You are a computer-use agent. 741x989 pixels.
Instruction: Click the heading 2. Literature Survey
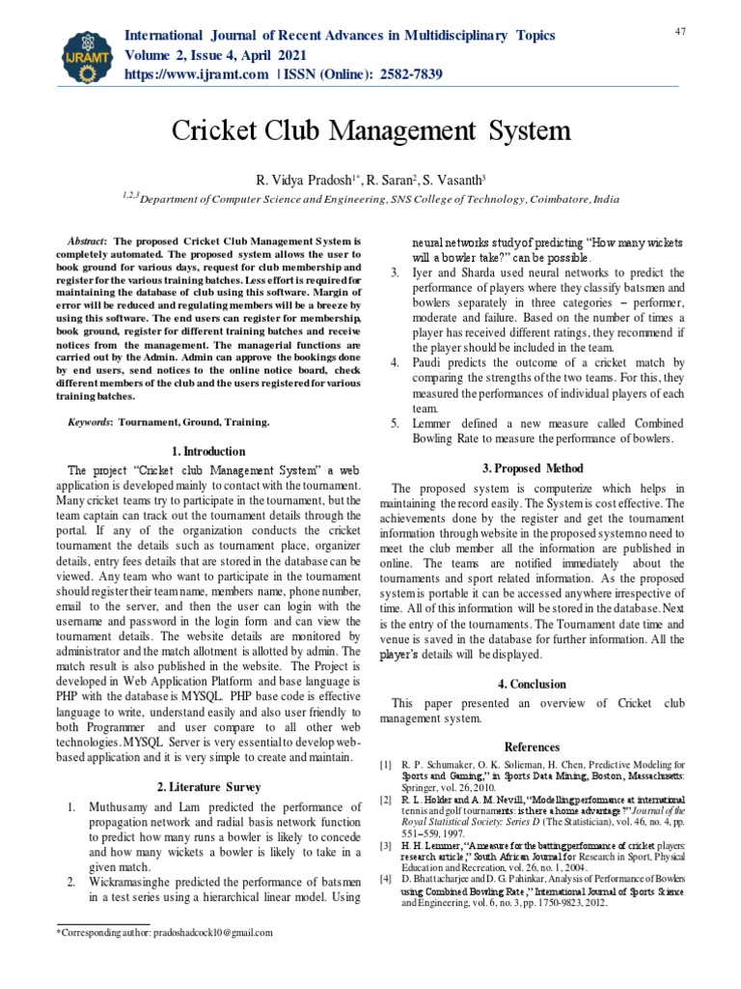pos(207,787)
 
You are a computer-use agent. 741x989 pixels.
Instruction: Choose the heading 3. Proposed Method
pos(533,468)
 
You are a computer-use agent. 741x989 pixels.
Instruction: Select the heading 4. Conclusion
pos(533,684)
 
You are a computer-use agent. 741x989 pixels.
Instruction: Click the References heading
pos(533,747)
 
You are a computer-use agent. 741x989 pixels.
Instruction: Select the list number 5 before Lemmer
pos(395,423)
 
